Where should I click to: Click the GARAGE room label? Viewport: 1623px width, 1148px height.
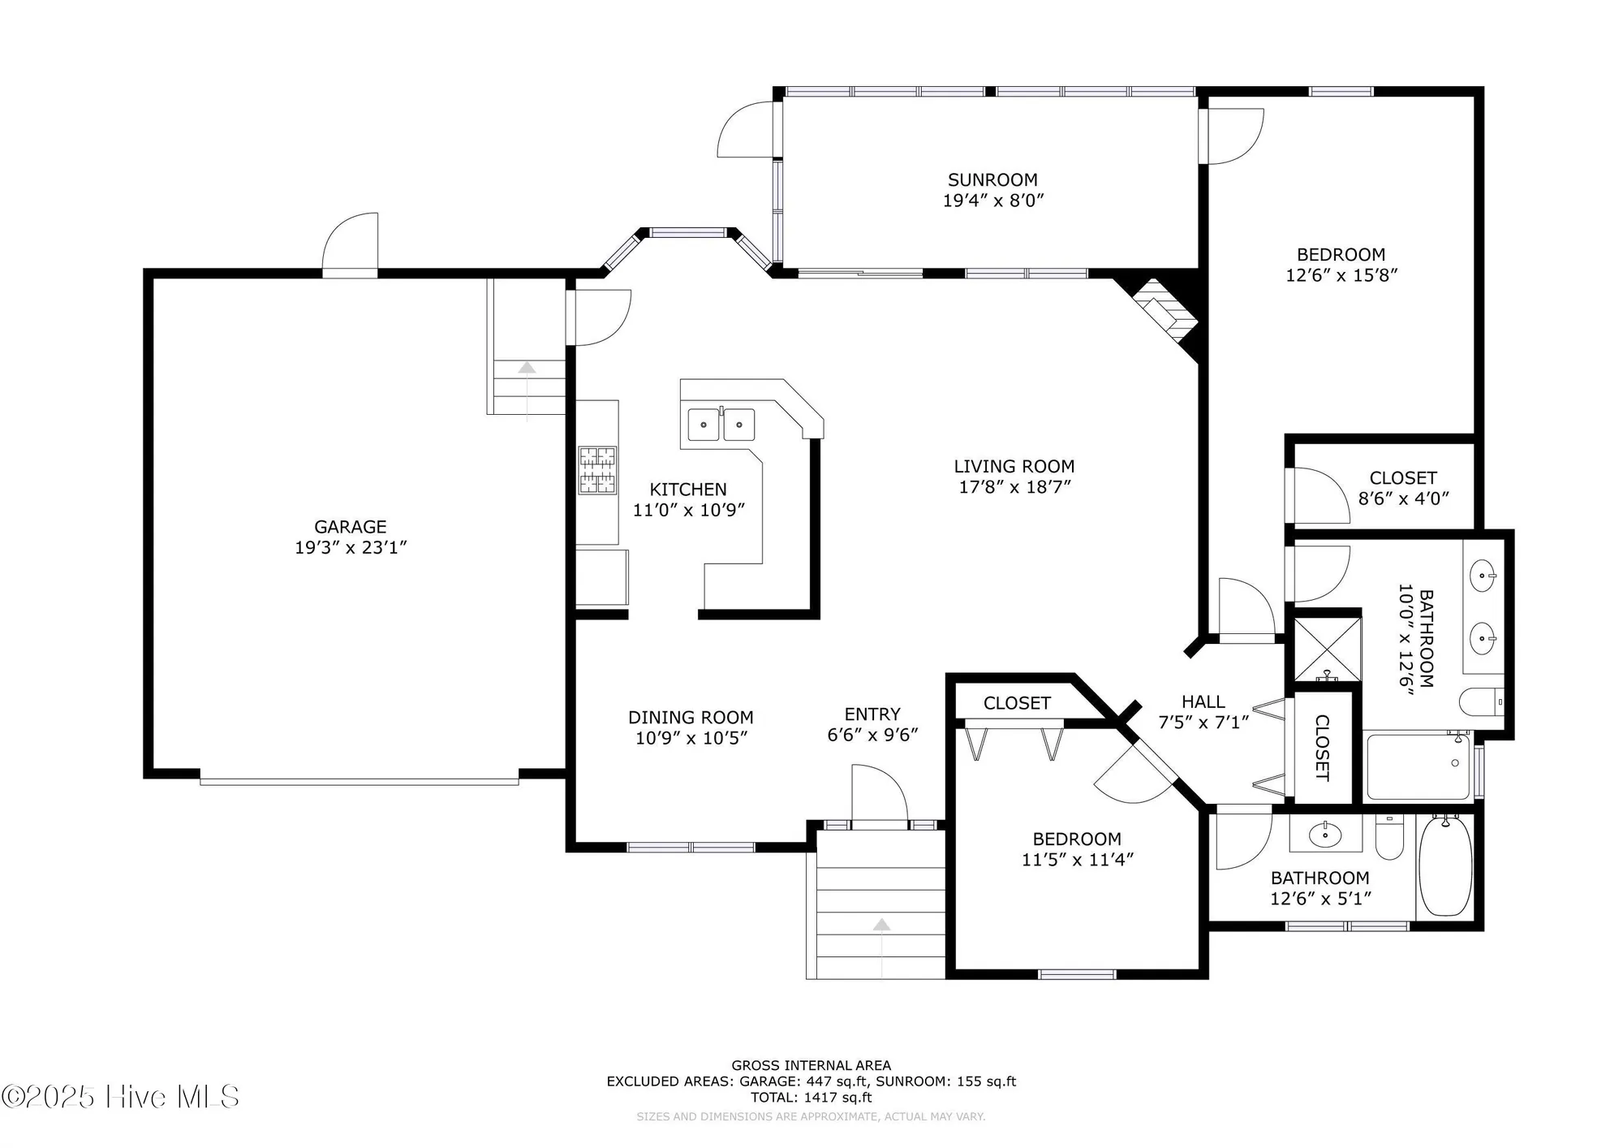[x=351, y=527]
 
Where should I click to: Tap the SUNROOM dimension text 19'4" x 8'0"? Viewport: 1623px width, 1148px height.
[x=992, y=201]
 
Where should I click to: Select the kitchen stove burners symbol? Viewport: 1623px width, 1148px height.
[x=597, y=470]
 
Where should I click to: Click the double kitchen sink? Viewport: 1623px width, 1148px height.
[x=721, y=425]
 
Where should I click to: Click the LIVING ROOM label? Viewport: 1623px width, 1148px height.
[x=1014, y=467]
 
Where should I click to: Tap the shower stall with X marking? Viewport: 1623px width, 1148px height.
[x=1327, y=650]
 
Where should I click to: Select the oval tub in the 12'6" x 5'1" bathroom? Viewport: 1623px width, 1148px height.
[x=1445, y=866]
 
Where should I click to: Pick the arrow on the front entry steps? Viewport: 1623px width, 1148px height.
[x=881, y=926]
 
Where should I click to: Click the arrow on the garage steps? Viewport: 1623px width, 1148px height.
[x=527, y=368]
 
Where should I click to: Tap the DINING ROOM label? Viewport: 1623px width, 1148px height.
[x=691, y=718]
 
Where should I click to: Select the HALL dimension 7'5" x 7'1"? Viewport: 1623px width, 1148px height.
[x=1203, y=723]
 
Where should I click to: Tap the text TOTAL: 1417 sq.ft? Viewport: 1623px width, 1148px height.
[x=811, y=1098]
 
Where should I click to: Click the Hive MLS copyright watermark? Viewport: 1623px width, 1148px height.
[x=120, y=1097]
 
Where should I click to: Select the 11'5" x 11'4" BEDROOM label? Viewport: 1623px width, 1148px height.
[x=1076, y=839]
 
